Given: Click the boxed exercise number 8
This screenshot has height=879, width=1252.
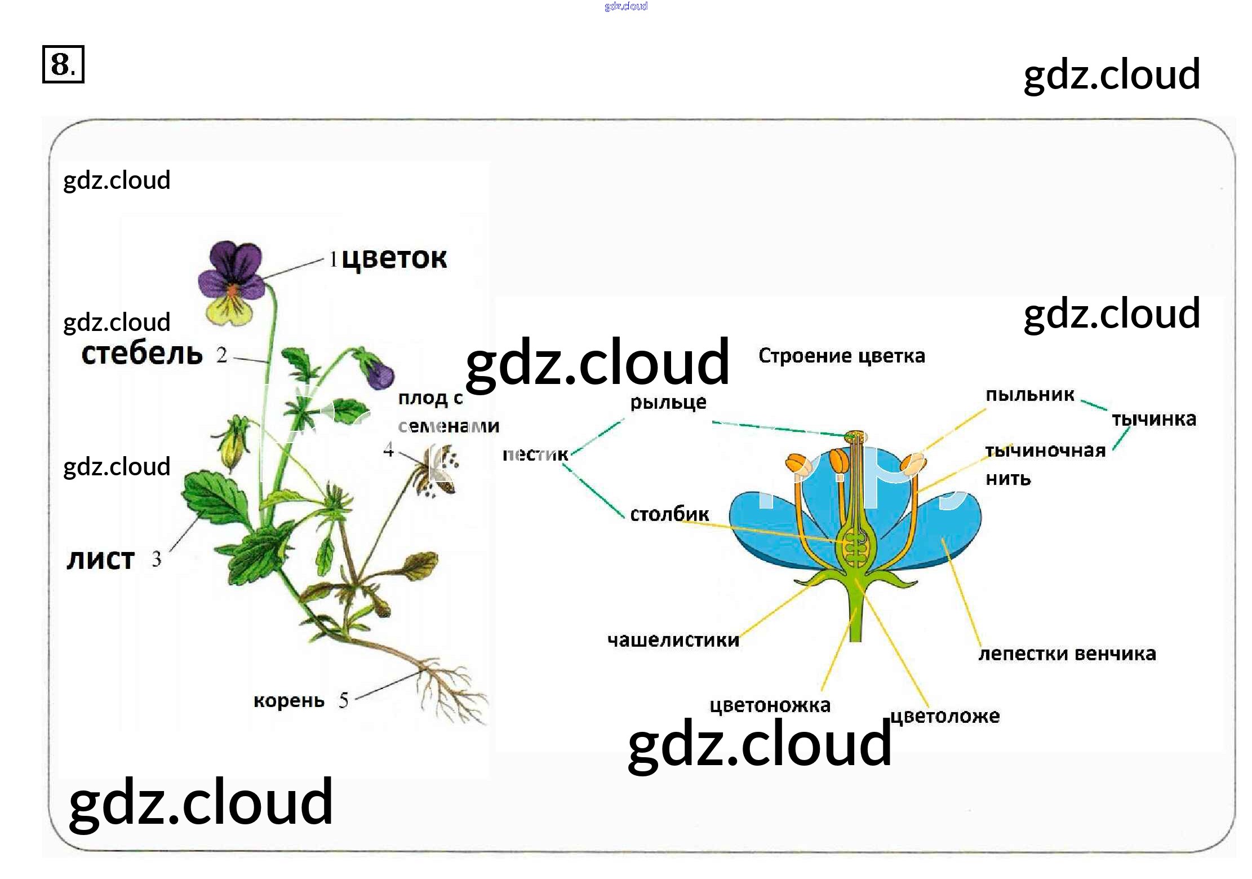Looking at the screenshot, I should (63, 64).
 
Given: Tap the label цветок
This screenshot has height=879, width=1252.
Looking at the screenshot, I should (394, 259).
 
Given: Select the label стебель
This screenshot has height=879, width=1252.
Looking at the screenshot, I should (141, 354).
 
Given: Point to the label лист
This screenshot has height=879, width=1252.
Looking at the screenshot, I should (100, 559).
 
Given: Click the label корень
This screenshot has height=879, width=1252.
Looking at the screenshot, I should (288, 700).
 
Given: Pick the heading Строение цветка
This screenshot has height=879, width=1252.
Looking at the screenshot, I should (841, 356).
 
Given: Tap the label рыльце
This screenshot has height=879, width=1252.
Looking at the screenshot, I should (668, 402).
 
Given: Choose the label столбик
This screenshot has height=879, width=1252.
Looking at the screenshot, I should (669, 514).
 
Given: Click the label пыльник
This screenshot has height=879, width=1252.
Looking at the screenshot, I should (1029, 395).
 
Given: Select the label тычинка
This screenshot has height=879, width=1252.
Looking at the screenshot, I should (1153, 419).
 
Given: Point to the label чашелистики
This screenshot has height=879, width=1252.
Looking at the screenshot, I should (673, 640).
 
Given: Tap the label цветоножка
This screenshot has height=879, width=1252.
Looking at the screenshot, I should (769, 705).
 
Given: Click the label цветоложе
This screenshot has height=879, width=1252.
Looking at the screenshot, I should (945, 716).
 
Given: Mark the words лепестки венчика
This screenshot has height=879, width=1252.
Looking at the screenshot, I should (1067, 653).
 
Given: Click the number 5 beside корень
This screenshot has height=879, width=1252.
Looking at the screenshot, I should (343, 700).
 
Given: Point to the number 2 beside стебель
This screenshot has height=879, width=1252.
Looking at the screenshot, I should (222, 355).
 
